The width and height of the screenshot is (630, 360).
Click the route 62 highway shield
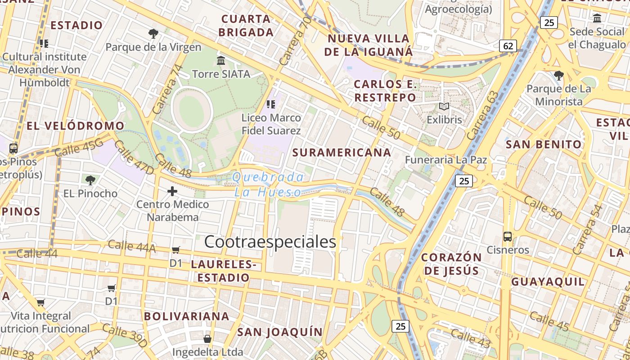coord(508,46)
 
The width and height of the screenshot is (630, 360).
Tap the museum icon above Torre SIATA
coord(221,60)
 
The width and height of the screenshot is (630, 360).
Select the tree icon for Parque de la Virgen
coord(153,33)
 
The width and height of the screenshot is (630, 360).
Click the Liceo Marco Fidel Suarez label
coord(271,124)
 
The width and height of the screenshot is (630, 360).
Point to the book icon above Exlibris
coord(444,107)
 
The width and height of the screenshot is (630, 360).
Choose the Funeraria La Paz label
coord(445,160)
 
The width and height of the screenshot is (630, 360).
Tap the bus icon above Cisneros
coord(508,237)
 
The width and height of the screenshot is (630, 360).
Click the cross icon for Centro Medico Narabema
coord(172,191)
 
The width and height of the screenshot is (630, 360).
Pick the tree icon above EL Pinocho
coord(90,180)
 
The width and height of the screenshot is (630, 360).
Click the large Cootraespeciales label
coord(270,242)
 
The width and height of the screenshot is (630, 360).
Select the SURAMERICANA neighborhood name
coord(342,153)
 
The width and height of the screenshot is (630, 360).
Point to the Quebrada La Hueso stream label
coord(268,184)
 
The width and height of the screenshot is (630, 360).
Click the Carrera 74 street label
coord(168,89)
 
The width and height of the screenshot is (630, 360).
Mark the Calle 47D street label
coord(134,157)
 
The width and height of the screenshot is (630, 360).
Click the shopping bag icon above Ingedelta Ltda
coord(207,338)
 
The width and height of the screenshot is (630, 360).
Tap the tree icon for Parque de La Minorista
coord(559,75)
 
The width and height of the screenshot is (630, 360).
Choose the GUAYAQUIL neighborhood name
coord(548,282)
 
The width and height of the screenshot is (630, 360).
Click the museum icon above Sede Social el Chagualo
coord(597,18)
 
